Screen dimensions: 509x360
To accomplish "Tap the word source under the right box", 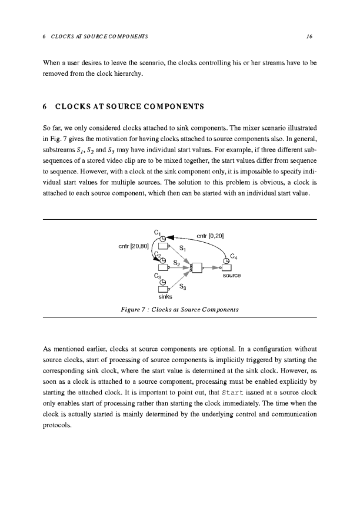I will pyautogui.click(x=232, y=275).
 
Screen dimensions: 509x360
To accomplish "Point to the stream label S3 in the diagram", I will pyautogui.click(x=183, y=287).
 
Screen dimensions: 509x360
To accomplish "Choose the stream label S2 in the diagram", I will pyautogui.click(x=177, y=263).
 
